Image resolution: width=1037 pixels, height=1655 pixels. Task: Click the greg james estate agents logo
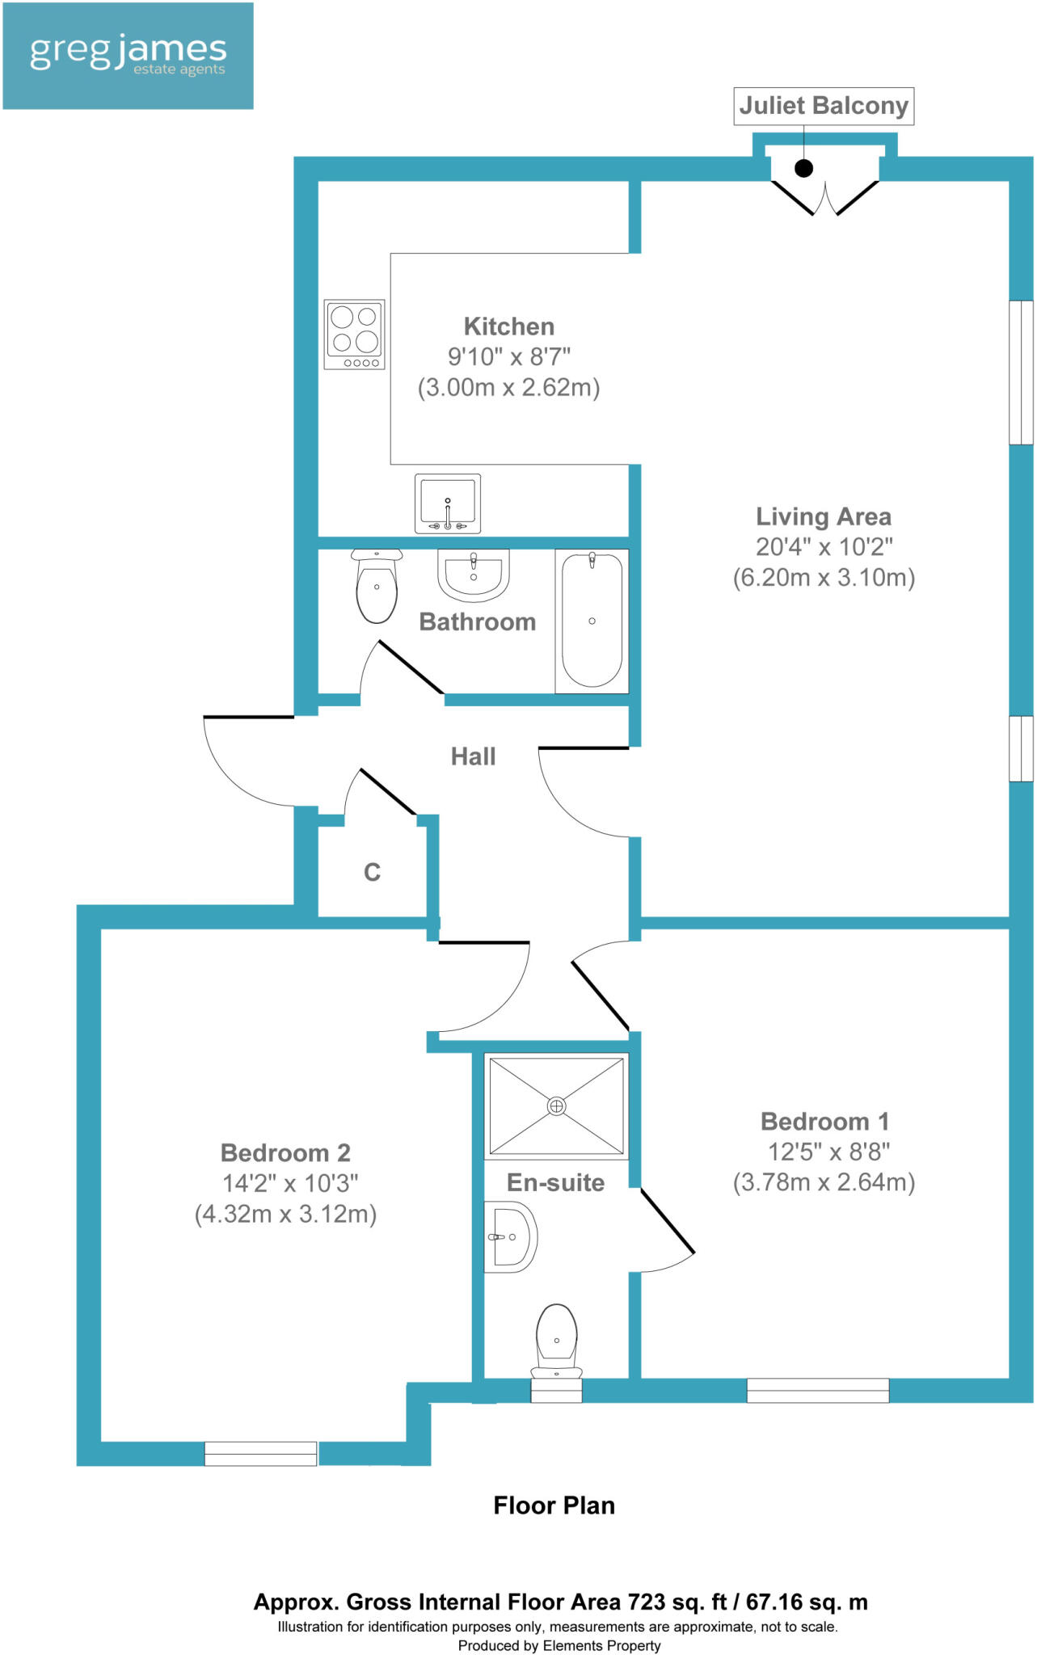point(128,56)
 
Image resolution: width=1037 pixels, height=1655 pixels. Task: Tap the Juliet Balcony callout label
point(823,106)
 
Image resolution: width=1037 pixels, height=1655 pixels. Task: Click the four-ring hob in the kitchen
point(354,334)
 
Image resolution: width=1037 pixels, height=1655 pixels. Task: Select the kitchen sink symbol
point(448,503)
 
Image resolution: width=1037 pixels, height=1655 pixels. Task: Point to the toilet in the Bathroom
point(377,587)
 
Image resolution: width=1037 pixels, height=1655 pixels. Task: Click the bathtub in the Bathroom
point(592,621)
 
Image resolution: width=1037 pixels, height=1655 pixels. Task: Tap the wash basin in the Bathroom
point(474,575)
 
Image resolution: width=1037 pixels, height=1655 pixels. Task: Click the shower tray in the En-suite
point(556,1105)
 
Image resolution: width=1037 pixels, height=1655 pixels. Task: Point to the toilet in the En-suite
point(556,1341)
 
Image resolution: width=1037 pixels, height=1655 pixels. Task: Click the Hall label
point(473,756)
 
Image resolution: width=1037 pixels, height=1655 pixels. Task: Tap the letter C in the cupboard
point(372,873)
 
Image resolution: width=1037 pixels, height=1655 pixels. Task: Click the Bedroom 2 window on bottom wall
point(260,1453)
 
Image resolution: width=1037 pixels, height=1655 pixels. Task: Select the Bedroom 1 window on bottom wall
point(817,1390)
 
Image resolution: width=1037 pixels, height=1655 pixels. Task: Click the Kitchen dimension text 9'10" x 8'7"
point(509,356)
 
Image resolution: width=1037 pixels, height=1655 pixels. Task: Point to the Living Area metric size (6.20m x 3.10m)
point(824,578)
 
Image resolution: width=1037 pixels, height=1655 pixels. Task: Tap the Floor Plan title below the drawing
point(554,1506)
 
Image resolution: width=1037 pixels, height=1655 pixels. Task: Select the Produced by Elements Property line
point(559,1645)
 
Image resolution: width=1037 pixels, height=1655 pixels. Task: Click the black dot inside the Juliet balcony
point(803,168)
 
